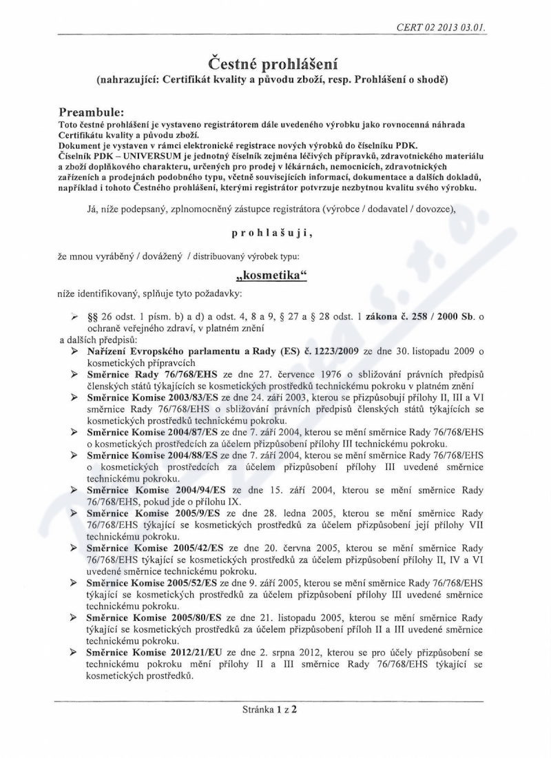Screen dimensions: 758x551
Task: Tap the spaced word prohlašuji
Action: (x=274, y=234)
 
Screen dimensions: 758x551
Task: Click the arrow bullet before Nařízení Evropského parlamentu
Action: (x=73, y=352)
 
